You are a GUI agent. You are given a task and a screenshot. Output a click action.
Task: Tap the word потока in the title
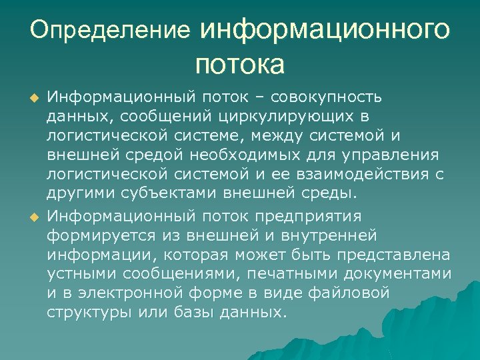[240, 65]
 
